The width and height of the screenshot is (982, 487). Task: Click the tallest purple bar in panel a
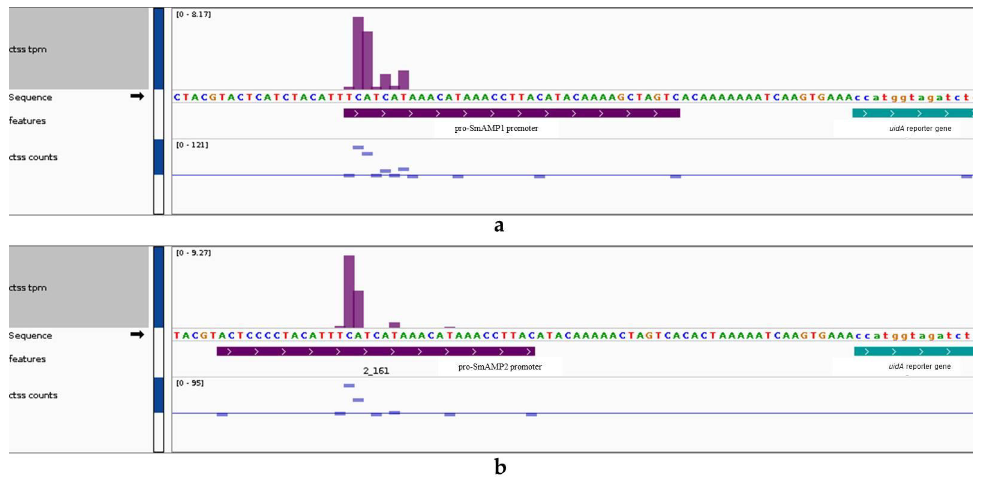pyautogui.click(x=358, y=53)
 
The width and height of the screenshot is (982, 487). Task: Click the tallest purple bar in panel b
pyautogui.click(x=349, y=292)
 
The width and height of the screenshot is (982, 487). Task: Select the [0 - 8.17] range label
pyautogui.click(x=193, y=14)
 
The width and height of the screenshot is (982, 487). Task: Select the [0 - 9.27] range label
pyautogui.click(x=193, y=253)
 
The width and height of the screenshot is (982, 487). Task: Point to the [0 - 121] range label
pyautogui.click(x=192, y=145)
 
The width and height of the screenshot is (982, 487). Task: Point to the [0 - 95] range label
pyautogui.click(x=189, y=383)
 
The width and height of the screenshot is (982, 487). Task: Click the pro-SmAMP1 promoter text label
pyautogui.click(x=496, y=128)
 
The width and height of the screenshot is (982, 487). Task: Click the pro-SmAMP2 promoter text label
pyautogui.click(x=499, y=367)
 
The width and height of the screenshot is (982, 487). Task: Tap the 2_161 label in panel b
pyautogui.click(x=376, y=371)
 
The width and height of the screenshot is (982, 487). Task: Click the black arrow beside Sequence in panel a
pyautogui.click(x=137, y=96)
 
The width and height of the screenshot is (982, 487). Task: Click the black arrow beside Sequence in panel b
pyautogui.click(x=137, y=334)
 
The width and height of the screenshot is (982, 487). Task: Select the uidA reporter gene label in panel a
pyautogui.click(x=920, y=128)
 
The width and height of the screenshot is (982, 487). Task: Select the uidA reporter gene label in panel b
pyautogui.click(x=919, y=366)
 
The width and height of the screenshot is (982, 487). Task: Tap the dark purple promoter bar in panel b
pyautogui.click(x=375, y=351)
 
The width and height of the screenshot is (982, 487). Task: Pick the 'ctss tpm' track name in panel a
pyautogui.click(x=28, y=49)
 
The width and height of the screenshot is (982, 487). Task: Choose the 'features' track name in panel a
pyautogui.click(x=27, y=121)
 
